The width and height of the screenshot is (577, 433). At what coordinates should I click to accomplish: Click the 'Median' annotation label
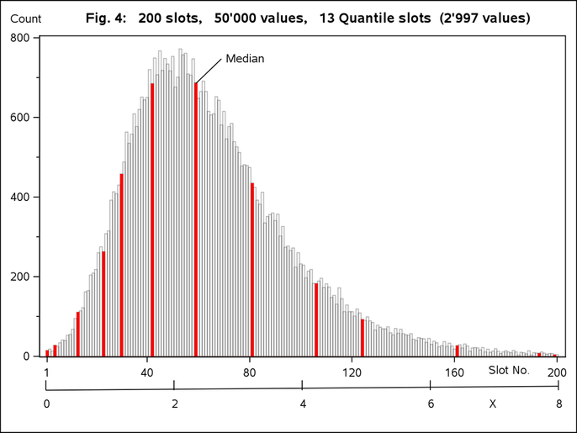(245, 59)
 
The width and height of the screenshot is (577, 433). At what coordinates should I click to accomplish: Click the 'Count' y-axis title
(26, 18)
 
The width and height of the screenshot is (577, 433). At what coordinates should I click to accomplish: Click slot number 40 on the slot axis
(148, 372)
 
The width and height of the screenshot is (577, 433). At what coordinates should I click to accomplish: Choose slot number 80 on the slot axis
(250, 372)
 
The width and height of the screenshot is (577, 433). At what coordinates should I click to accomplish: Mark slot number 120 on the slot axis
(352, 372)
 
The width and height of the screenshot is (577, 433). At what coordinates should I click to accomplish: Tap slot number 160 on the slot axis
(455, 372)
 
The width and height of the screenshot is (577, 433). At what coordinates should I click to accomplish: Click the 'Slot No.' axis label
(509, 370)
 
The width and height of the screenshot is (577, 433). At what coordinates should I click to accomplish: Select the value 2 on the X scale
(174, 404)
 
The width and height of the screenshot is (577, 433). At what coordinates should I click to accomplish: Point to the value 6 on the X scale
(431, 404)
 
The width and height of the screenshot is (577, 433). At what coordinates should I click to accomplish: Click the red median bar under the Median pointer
(196, 219)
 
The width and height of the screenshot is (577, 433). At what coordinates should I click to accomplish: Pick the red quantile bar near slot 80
(252, 269)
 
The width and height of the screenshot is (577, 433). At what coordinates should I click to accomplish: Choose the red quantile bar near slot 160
(458, 351)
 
